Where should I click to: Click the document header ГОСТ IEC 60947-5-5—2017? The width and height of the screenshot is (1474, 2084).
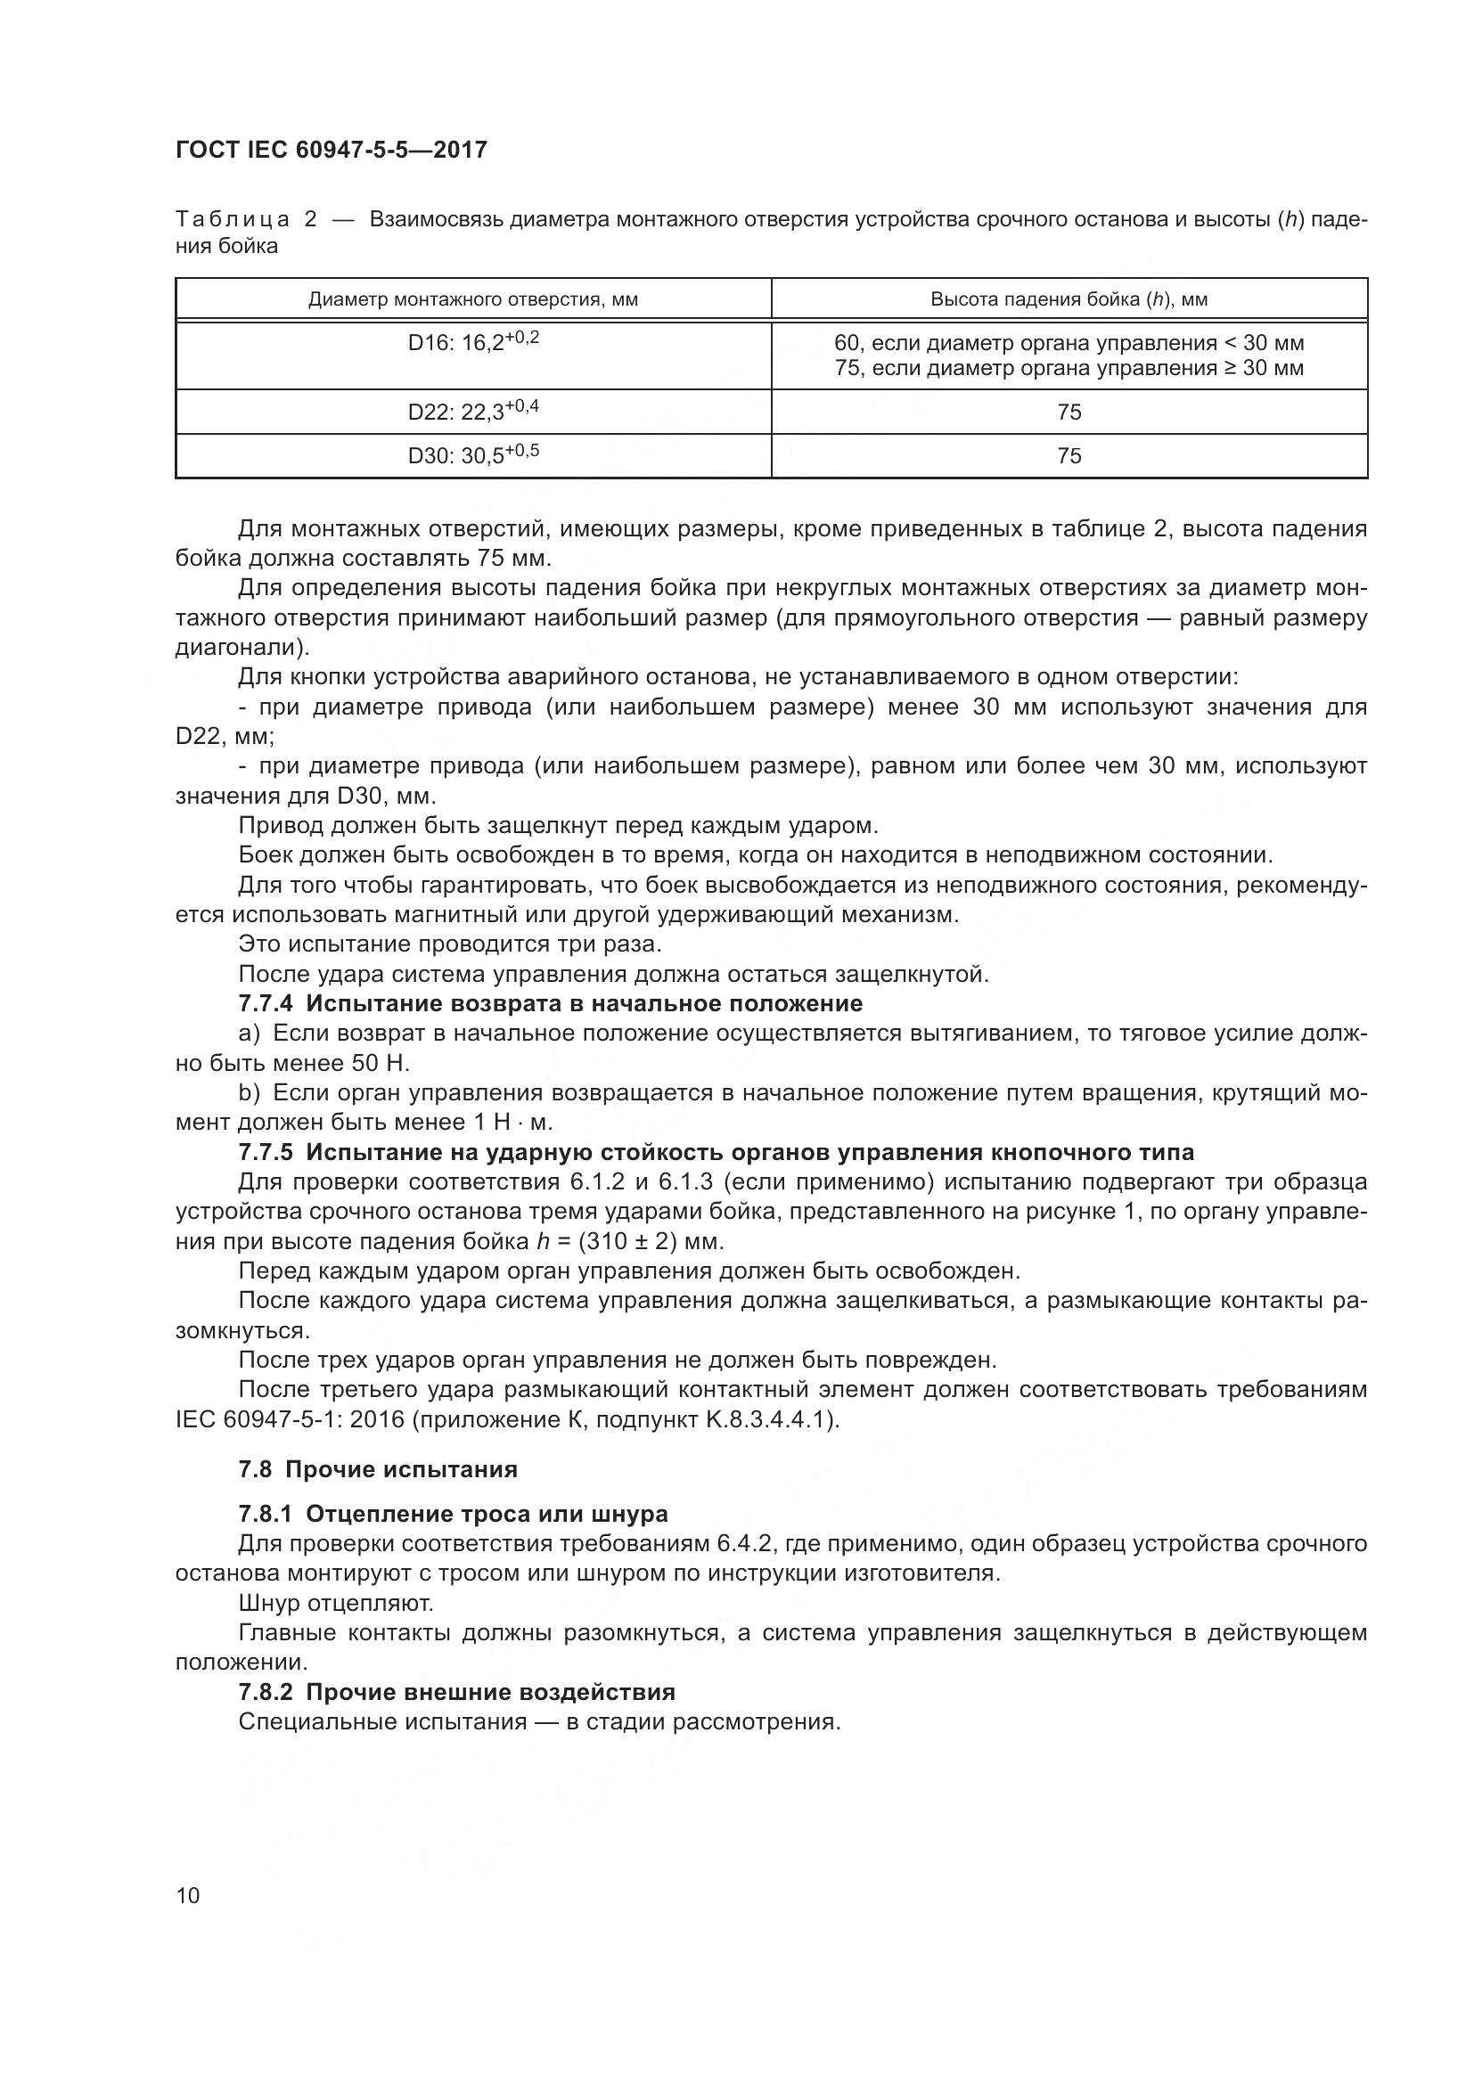(332, 150)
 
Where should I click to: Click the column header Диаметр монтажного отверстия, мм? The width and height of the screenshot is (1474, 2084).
(473, 299)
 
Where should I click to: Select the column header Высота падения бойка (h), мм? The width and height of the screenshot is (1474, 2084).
(1069, 299)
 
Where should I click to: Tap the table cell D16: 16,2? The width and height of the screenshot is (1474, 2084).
(473, 342)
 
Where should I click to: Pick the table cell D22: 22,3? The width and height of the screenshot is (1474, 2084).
(473, 411)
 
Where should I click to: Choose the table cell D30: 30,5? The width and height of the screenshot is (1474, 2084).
(473, 454)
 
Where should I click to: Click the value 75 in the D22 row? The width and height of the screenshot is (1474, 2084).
(1069, 413)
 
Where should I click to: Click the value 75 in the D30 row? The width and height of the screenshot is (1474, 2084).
(1069, 455)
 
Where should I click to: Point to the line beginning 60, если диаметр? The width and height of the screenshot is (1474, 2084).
(1069, 343)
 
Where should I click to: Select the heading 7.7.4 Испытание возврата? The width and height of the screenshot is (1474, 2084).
(550, 1003)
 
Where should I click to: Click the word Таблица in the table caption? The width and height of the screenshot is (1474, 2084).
(233, 220)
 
